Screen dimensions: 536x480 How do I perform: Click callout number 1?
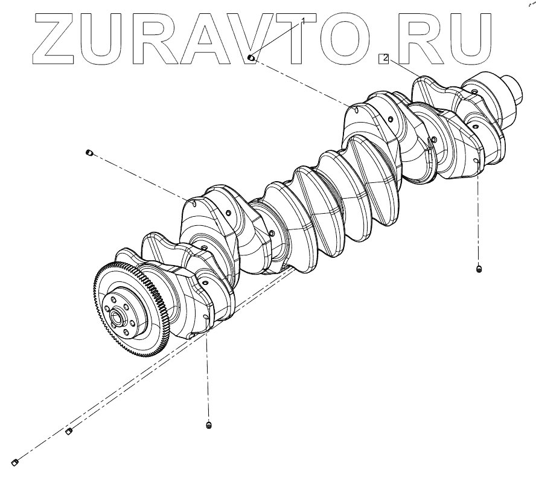[303, 22]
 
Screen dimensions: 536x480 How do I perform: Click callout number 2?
[385, 58]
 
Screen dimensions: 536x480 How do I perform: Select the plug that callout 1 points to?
[252, 58]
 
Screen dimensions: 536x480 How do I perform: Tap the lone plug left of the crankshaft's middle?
[89, 153]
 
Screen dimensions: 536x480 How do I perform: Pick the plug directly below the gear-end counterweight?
[209, 426]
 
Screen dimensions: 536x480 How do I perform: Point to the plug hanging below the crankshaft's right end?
[479, 269]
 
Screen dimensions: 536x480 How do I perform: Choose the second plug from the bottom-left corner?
[69, 430]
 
